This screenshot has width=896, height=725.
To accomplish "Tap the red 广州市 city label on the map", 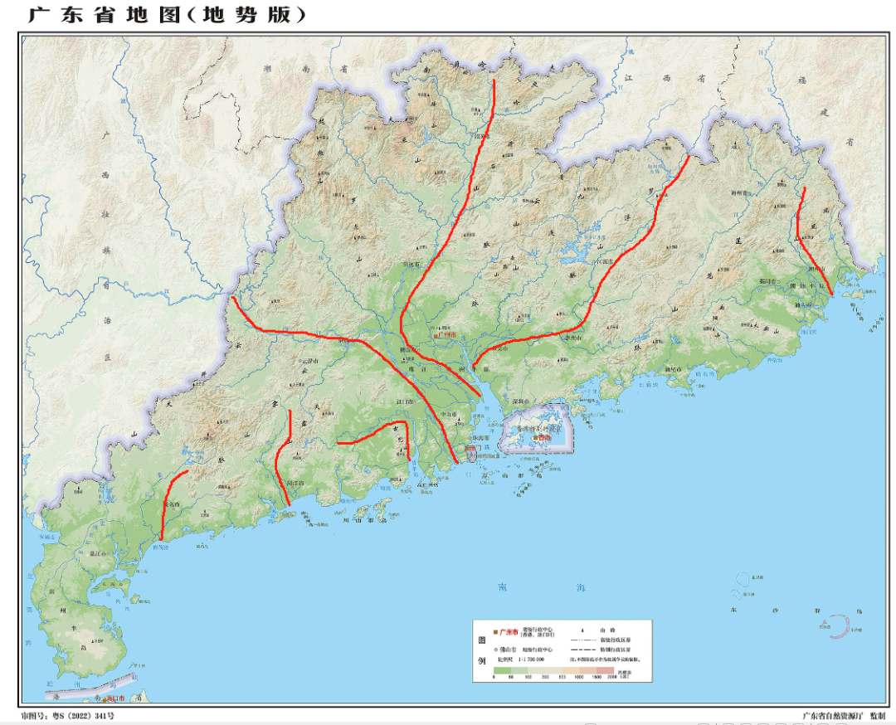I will (448, 334).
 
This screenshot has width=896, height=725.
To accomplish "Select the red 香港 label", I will (544, 437).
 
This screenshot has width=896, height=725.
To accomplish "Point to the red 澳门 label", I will (471, 454).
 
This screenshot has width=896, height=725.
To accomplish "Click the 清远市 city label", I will (412, 264).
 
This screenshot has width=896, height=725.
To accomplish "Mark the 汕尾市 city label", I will (674, 369).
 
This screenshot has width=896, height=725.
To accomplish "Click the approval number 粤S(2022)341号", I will (67, 715).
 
